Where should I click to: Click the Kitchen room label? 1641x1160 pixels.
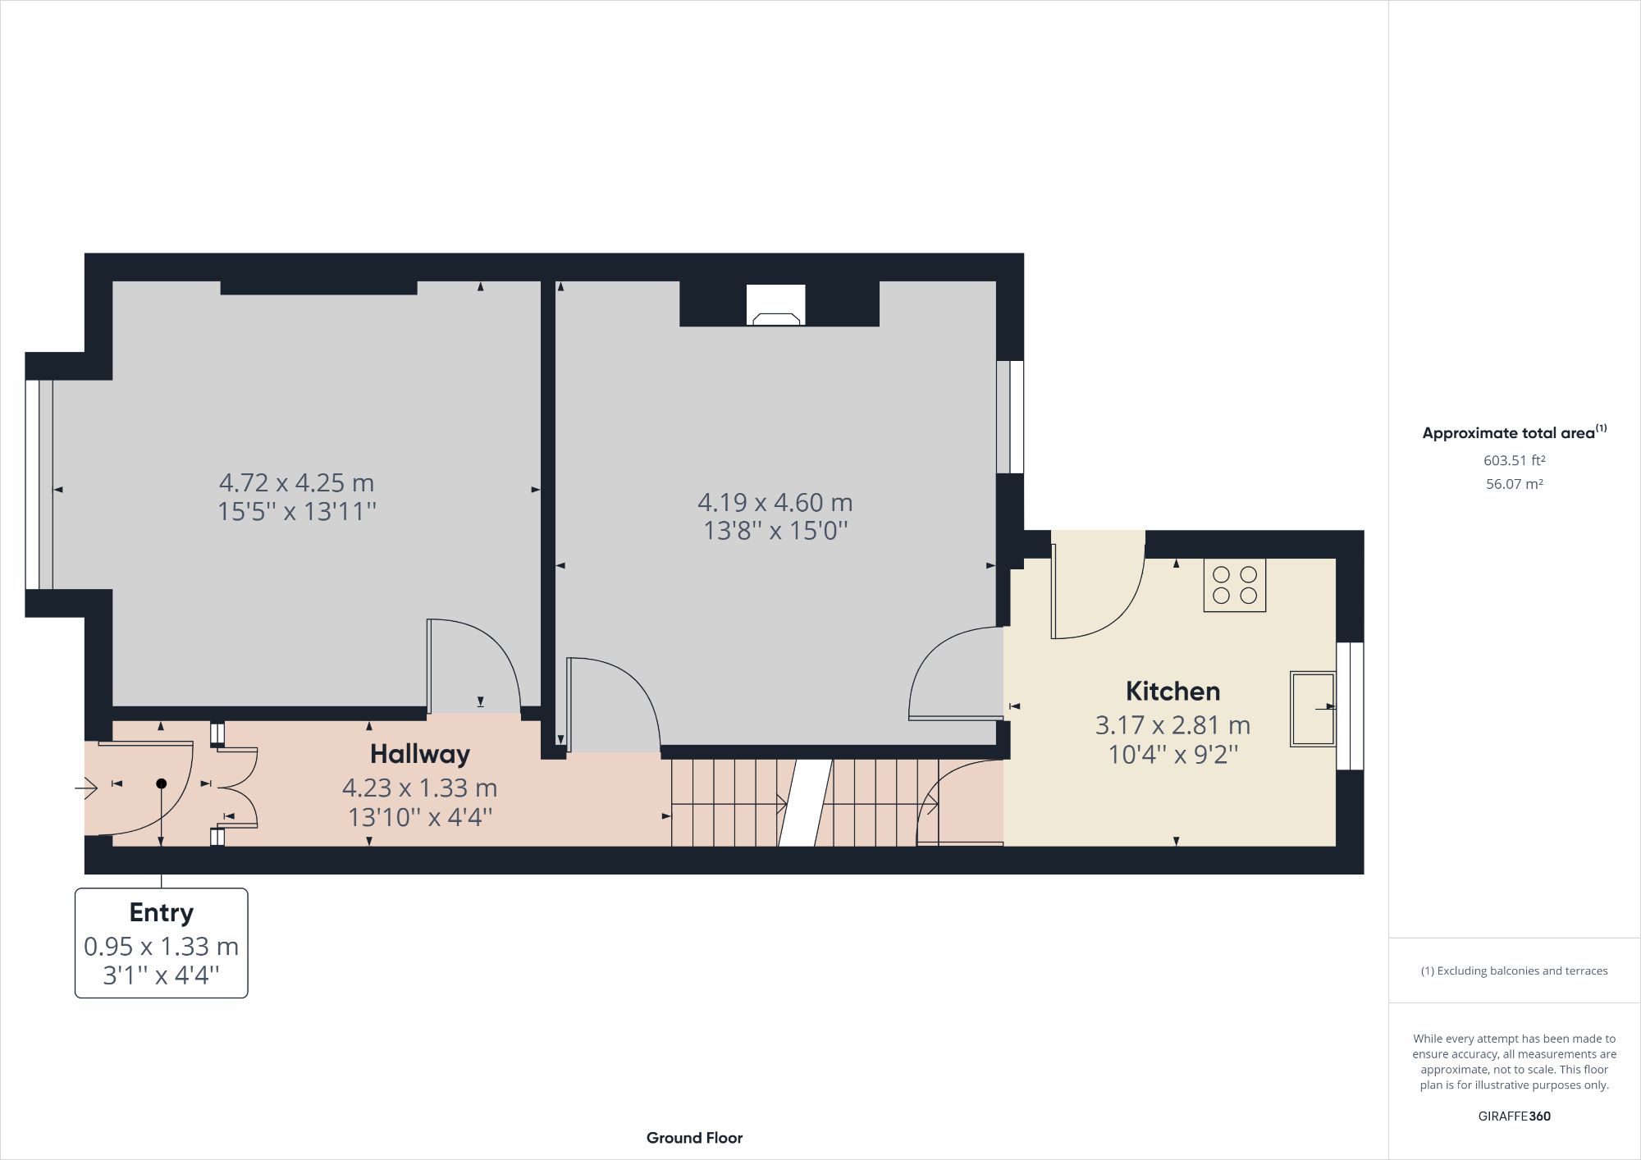1172,691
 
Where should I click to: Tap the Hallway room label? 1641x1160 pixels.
419,753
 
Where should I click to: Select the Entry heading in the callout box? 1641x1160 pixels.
161,912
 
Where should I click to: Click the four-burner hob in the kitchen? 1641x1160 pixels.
1234,585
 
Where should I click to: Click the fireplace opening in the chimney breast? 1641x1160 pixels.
775,306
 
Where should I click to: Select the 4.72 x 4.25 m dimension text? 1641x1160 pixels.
296,482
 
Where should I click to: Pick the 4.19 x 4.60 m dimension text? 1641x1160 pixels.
775,502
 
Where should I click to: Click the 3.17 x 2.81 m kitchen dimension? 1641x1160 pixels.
1172,725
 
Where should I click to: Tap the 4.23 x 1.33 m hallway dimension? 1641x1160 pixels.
419,788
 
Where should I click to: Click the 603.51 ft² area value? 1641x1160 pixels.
1514,460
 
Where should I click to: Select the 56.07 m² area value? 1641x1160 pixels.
1514,484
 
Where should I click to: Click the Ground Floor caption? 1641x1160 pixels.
694,1138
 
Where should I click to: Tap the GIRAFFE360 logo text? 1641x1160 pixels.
1514,1116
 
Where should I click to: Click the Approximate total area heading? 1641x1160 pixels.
1513,432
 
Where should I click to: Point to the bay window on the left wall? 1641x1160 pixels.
39,484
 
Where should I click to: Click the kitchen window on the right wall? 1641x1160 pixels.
1349,706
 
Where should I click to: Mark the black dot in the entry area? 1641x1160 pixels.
162,783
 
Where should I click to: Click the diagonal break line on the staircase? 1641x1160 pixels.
805,802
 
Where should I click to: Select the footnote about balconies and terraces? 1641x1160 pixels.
1514,970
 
